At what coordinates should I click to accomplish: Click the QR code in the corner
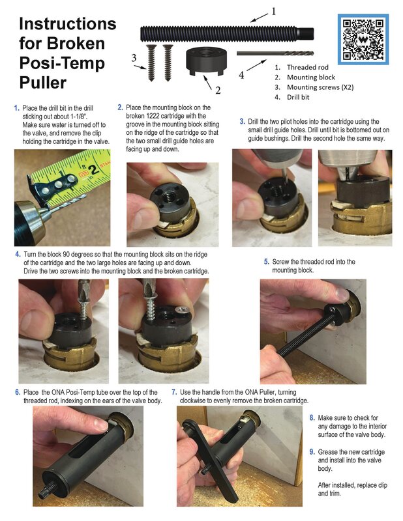363,39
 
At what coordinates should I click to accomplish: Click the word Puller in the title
43,83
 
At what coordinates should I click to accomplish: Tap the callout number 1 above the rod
273,12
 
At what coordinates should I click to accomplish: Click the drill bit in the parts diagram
275,53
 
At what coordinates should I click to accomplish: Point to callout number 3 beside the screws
134,58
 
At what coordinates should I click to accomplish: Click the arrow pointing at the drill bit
256,65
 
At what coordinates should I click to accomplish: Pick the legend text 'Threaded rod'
308,68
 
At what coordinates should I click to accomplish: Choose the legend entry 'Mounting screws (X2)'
320,87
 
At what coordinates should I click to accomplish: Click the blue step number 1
17,108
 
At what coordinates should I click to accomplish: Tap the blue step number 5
266,262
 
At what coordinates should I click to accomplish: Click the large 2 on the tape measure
93,170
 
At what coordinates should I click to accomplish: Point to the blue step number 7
174,393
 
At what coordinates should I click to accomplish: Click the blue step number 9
312,452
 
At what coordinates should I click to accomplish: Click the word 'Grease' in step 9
328,452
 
